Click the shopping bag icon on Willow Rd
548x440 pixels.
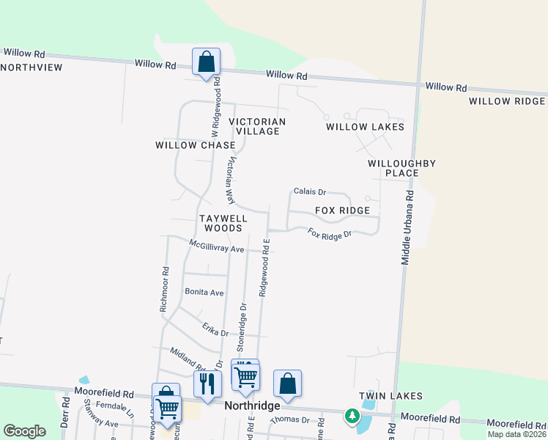pos(207,62)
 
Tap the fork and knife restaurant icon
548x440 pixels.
pos(207,383)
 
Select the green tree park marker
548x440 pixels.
pos(352,416)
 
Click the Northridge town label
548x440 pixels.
pos(253,406)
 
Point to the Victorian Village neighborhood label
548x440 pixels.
pos(256,126)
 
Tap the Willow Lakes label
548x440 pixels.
pos(365,127)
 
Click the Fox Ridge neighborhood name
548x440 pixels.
pos(342,210)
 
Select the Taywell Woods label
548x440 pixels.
pos(223,223)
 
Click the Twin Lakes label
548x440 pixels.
pos(390,396)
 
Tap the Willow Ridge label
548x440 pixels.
pos(508,101)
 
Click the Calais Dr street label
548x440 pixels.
pos(309,191)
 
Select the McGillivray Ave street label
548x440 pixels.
pos(216,246)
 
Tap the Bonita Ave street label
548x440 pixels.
pos(204,292)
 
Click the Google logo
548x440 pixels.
pos(24,430)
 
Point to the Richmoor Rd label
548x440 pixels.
pos(165,290)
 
